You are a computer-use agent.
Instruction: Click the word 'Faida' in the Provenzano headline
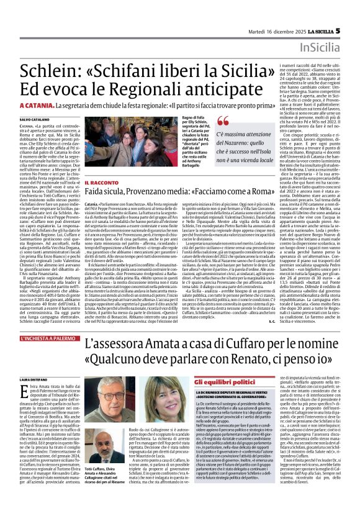[99, 193]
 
